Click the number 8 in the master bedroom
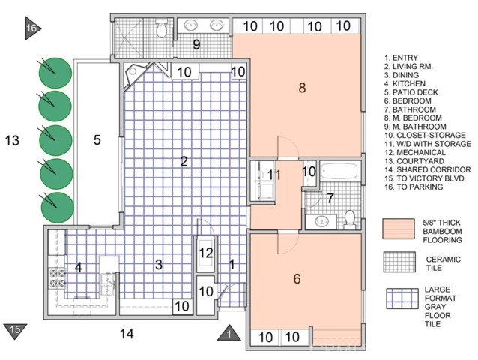click(x=302, y=88)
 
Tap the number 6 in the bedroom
click(x=297, y=279)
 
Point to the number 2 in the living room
click(x=183, y=160)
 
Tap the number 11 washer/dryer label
click(x=273, y=175)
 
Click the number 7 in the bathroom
click(x=330, y=199)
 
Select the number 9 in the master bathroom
click(x=196, y=45)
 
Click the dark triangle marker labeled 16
click(x=31, y=28)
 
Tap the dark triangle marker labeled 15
click(x=16, y=328)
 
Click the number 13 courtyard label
click(x=11, y=139)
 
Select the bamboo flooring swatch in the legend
click(x=399, y=229)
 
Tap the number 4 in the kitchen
click(x=78, y=266)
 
